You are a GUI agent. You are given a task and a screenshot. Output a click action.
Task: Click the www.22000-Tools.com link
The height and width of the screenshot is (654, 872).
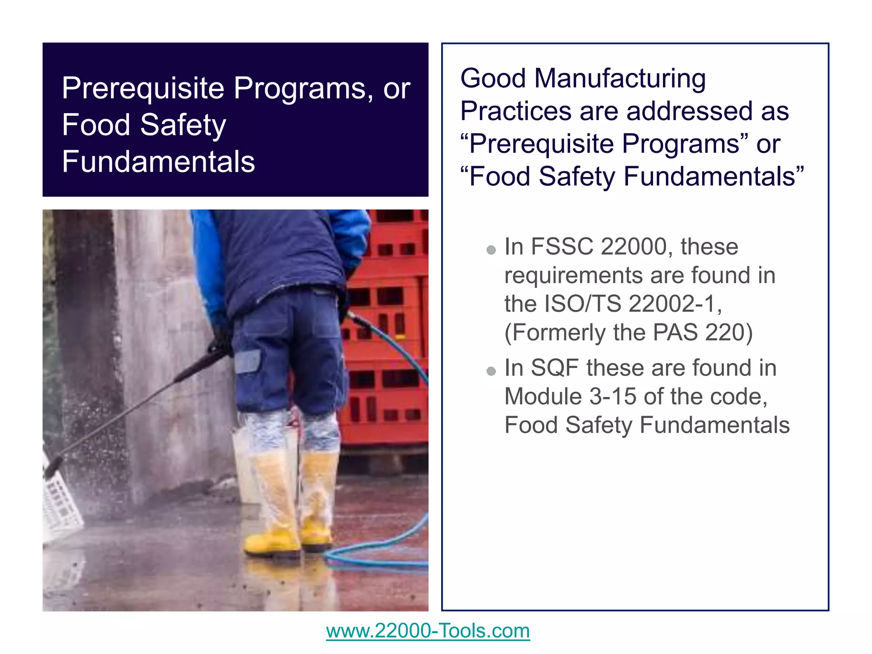(428, 631)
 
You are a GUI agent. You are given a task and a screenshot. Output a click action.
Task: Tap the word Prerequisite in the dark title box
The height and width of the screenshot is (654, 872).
(143, 88)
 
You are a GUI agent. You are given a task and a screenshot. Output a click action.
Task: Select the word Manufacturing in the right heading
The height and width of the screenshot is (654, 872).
(620, 79)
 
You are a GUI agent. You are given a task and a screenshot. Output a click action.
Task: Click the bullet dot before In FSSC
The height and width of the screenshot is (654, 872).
(491, 250)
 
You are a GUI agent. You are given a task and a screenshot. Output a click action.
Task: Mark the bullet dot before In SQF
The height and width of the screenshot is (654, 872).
(491, 371)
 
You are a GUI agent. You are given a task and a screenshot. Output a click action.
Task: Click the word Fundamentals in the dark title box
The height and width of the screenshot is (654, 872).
(158, 162)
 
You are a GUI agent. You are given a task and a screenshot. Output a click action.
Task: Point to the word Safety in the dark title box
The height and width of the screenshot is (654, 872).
(183, 125)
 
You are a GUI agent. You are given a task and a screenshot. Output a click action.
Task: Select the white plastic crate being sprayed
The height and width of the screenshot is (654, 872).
(62, 502)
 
